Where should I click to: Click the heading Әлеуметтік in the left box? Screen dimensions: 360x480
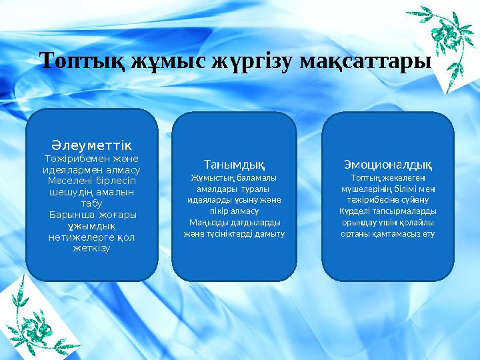click(91, 145)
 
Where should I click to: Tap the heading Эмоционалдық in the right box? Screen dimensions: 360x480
click(387, 164)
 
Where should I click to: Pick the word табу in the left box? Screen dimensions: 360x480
click(91, 204)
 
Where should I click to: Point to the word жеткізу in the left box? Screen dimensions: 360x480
click(91, 249)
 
